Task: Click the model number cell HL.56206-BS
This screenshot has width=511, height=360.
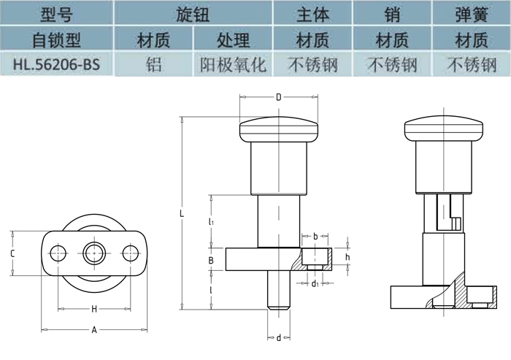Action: coord(56,64)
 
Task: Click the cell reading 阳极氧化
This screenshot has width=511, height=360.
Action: coord(233,64)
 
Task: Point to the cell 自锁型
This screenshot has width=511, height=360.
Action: coord(56,39)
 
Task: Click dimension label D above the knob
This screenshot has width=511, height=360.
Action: coord(278,96)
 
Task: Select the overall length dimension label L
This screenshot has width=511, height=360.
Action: coord(182,214)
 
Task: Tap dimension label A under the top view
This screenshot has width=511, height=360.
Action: coord(93,330)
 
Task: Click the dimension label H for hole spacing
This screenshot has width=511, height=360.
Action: coord(93,309)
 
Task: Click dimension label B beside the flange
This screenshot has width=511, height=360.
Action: coord(210,260)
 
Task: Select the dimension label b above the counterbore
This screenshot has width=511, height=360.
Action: coord(315,237)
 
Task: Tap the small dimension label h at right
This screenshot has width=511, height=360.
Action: coord(347,257)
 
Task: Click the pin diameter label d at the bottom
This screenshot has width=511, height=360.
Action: coord(278,337)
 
